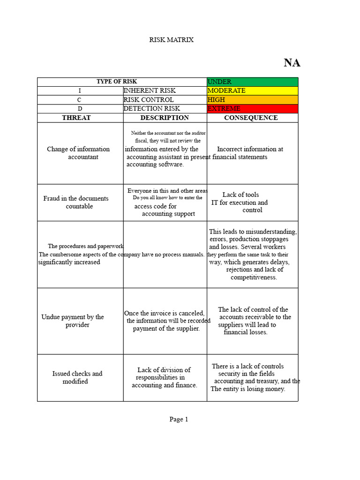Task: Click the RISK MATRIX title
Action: [171, 40]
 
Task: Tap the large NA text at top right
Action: [292, 63]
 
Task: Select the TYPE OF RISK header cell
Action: [117, 82]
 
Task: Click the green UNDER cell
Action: [252, 82]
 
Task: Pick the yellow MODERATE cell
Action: [252, 90]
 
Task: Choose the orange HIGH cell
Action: [252, 99]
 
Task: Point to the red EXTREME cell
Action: [252, 108]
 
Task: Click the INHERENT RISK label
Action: [150, 90]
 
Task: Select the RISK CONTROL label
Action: [149, 99]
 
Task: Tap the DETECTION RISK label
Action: [151, 108]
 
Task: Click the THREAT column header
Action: [76, 118]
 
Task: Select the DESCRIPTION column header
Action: [165, 118]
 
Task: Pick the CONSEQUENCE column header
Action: [251, 118]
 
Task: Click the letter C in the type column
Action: [79, 100]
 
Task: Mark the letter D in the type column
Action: [80, 109]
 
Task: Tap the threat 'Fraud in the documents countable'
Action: [76, 202]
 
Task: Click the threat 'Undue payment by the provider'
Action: [73, 321]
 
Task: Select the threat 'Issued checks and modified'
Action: [77, 377]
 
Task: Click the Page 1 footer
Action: [179, 420]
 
